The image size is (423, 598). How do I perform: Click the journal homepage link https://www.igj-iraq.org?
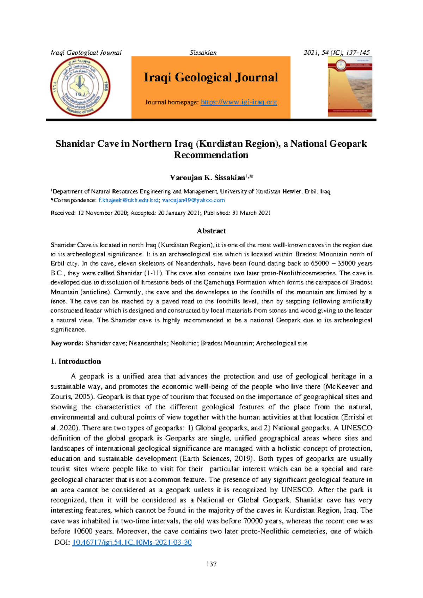tap(239, 102)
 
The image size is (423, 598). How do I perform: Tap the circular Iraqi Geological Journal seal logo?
tap(80, 87)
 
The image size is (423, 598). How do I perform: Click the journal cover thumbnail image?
tap(350, 87)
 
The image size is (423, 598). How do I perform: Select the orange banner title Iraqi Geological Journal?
tap(210, 78)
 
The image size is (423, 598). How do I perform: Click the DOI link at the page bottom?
tap(132, 542)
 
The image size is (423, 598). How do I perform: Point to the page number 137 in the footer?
tap(211, 564)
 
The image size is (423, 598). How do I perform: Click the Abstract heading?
tap(211, 231)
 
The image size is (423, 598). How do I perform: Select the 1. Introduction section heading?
tap(76, 361)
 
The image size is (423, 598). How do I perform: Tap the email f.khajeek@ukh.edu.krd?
tap(128, 200)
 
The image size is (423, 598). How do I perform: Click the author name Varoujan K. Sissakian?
tap(208, 178)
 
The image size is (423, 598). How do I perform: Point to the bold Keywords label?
tap(67, 343)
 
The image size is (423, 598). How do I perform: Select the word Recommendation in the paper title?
tap(211, 155)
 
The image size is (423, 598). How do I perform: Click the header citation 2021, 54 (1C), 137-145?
tap(337, 53)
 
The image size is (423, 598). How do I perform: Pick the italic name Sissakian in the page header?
tap(203, 53)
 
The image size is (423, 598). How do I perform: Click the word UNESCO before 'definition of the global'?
tap(357, 428)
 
